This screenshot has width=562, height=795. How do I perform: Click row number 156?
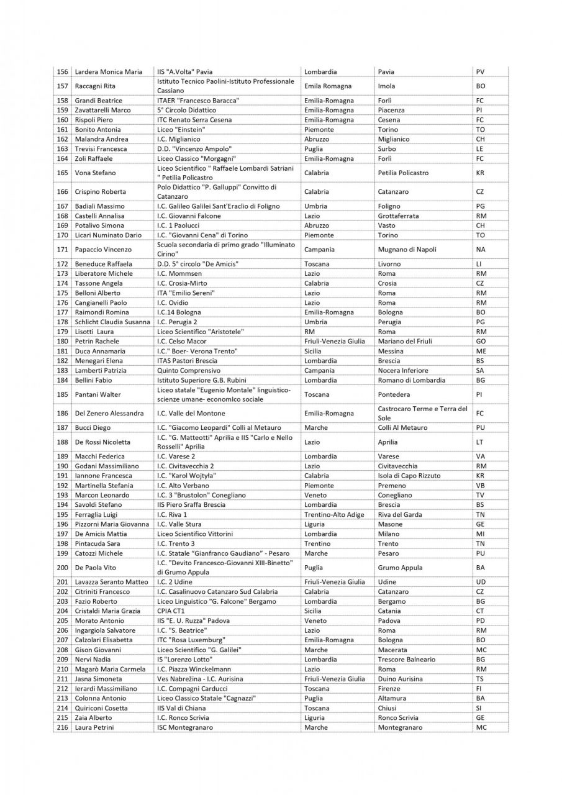[62, 72]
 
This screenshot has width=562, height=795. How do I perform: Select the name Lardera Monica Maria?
[108, 72]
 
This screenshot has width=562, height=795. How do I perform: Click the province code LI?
[479, 264]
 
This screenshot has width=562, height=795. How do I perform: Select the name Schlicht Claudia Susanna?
[112, 322]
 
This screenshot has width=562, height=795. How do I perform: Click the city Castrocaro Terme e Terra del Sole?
[422, 413]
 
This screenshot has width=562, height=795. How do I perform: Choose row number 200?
[62, 568]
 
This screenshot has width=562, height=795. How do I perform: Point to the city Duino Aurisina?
[400, 679]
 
